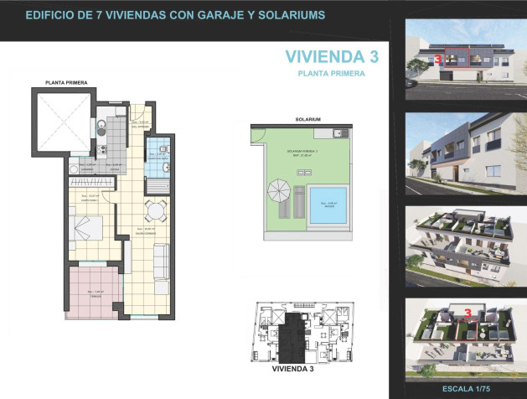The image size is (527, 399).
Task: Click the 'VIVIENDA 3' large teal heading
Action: coord(332,57)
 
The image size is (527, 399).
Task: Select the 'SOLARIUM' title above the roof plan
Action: coord(307,119)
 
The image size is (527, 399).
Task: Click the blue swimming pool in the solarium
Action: coord(328,204)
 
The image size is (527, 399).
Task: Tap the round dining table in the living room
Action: coord(155,210)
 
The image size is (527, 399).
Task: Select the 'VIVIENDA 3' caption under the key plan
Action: coord(293,368)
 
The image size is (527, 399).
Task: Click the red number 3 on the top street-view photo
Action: coord(437,60)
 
